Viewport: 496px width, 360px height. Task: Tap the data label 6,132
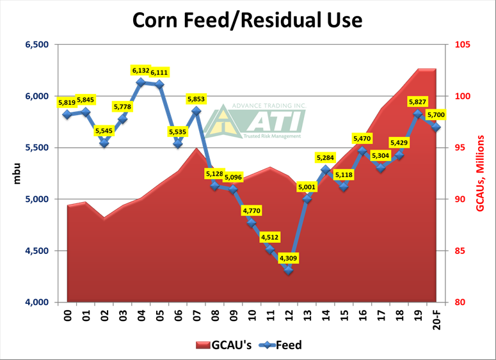pyautogui.click(x=141, y=70)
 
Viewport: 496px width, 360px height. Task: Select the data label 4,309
pyautogui.click(x=289, y=258)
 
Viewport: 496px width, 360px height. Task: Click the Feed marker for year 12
pyautogui.click(x=289, y=270)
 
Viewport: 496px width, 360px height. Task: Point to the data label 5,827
pyautogui.click(x=418, y=102)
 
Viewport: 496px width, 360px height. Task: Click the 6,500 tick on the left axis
pyautogui.click(x=36, y=45)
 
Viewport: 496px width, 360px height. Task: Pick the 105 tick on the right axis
pyautogui.click(x=462, y=45)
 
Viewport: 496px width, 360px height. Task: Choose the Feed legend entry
pyautogui.click(x=280, y=345)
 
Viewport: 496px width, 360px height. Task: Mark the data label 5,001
pyautogui.click(x=307, y=187)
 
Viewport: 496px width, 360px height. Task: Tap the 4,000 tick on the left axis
pyautogui.click(x=36, y=302)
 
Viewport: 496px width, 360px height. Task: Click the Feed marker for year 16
pyautogui.click(x=362, y=152)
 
